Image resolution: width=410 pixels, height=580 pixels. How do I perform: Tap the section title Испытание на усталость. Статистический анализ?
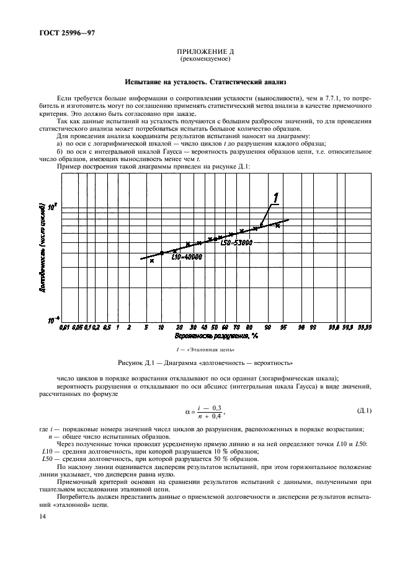point(205,82)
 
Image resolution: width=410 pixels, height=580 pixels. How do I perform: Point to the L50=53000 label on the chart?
point(236,244)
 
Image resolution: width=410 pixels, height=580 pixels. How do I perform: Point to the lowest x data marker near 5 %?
point(151,261)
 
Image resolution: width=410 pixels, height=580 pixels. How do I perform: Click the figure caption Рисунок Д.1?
point(205,362)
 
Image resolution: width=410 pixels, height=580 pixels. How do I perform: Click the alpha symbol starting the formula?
point(187,410)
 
